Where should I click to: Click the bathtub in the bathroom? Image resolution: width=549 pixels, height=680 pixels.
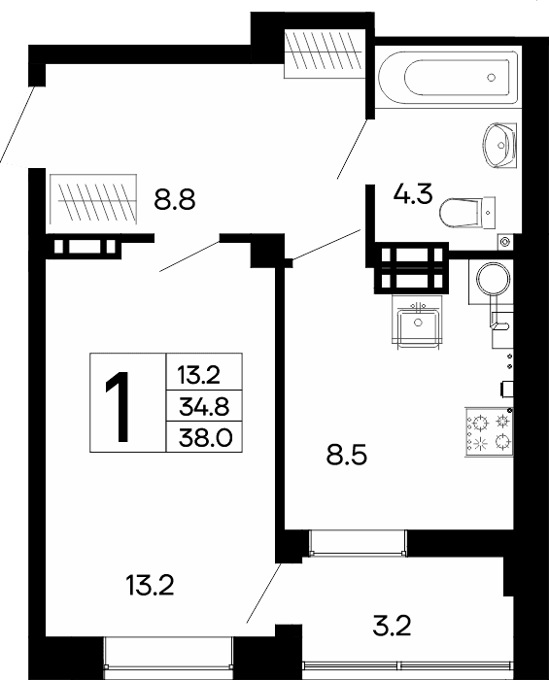pyautogui.click(x=448, y=78)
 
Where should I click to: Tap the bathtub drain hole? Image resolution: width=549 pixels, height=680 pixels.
pyautogui.click(x=491, y=78)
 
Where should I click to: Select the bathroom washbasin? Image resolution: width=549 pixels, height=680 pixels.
pyautogui.click(x=499, y=146)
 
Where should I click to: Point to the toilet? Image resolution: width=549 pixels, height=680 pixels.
pyautogui.click(x=467, y=213)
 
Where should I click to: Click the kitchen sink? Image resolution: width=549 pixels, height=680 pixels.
pyautogui.click(x=418, y=322)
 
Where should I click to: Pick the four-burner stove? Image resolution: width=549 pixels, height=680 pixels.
pyautogui.click(x=489, y=431)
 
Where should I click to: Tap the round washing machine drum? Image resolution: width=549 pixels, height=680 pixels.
pyautogui.click(x=493, y=278)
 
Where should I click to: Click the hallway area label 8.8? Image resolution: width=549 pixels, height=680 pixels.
pyautogui.click(x=175, y=201)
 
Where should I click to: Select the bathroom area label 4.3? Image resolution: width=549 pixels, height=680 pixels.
pyautogui.click(x=413, y=194)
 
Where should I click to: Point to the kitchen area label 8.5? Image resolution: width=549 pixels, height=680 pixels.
pyautogui.click(x=347, y=456)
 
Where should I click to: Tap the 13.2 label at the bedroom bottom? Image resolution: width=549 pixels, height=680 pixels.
pyautogui.click(x=150, y=585)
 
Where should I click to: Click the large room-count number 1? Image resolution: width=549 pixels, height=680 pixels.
pyautogui.click(x=118, y=406)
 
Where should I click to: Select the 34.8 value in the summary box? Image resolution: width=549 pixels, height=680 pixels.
pyautogui.click(x=204, y=407)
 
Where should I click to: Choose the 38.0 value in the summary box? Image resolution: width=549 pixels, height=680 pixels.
pyautogui.click(x=206, y=438)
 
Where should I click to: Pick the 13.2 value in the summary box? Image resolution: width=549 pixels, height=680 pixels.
pyautogui.click(x=199, y=375)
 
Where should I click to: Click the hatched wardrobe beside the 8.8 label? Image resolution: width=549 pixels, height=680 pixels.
pyautogui.click(x=93, y=199)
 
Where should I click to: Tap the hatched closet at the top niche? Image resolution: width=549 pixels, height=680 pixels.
pyautogui.click(x=323, y=52)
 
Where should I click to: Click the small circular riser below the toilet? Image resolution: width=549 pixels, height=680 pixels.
pyautogui.click(x=504, y=241)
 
